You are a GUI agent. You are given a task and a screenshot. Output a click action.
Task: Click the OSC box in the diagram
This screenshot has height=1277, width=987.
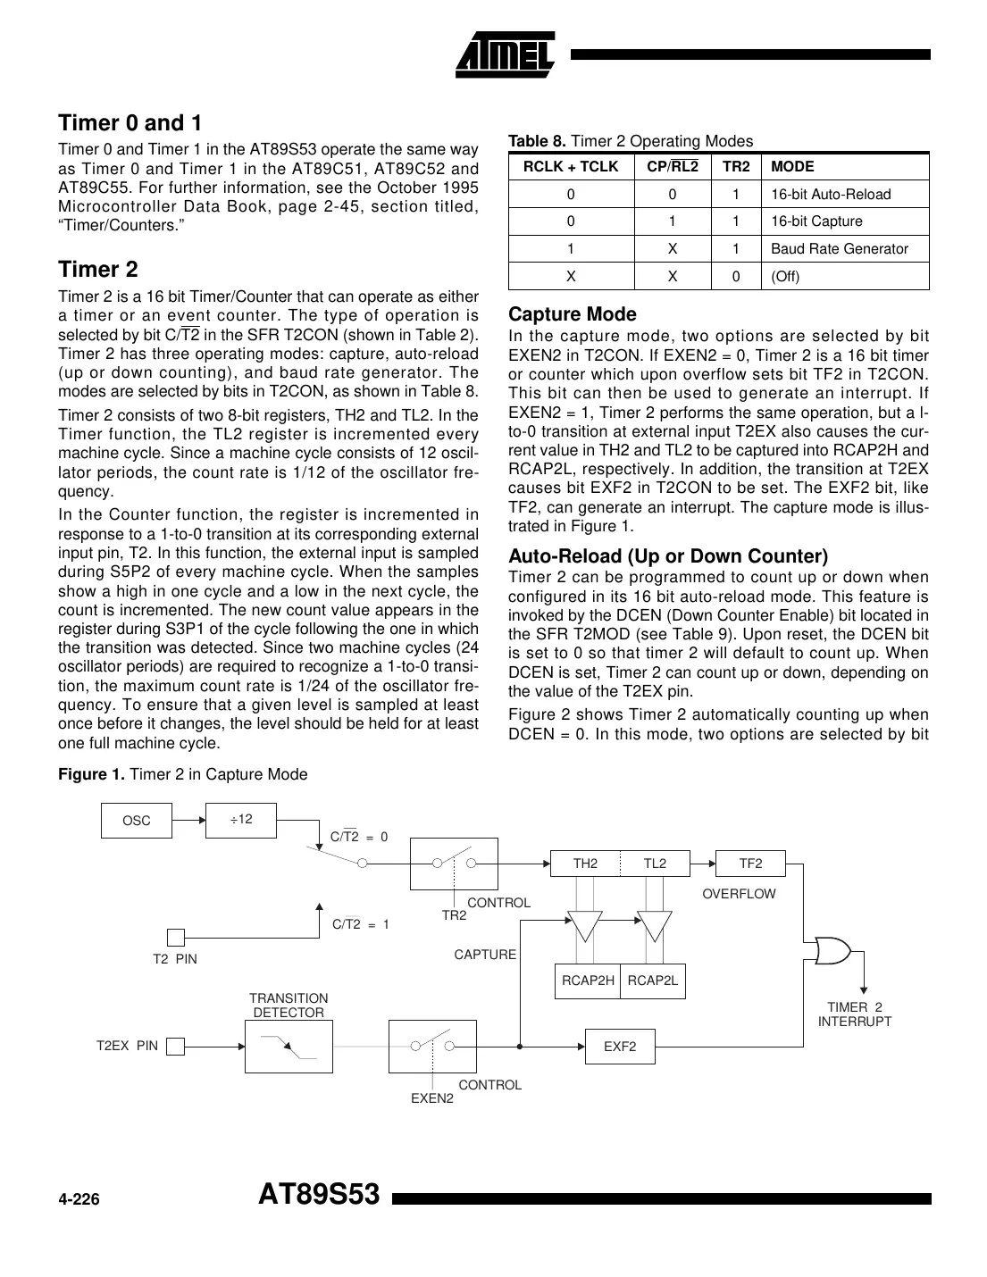pyautogui.click(x=136, y=821)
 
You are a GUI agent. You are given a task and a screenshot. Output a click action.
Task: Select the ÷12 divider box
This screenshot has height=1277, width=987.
pyautogui.click(x=241, y=820)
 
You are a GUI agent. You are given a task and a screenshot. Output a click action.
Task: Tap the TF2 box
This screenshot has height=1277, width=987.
pyautogui.click(x=750, y=864)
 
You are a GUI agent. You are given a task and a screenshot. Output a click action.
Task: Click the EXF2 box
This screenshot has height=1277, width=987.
pyautogui.click(x=620, y=1047)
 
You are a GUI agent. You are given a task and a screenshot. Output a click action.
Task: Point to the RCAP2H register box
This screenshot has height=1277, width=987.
pyautogui.click(x=588, y=981)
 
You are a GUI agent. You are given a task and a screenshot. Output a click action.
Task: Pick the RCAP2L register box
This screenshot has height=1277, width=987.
pyautogui.click(x=653, y=981)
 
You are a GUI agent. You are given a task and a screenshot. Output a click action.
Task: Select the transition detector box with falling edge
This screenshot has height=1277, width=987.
pyautogui.click(x=289, y=1047)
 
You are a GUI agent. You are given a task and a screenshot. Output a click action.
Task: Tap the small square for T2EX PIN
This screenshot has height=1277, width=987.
pyautogui.click(x=176, y=1047)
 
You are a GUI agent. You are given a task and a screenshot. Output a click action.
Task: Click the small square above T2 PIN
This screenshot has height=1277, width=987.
pyautogui.click(x=176, y=937)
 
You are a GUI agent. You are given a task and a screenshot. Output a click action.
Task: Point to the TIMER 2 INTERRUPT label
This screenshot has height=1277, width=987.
pyautogui.click(x=854, y=1014)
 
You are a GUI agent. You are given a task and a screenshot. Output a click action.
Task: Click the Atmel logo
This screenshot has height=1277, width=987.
pyautogui.click(x=505, y=55)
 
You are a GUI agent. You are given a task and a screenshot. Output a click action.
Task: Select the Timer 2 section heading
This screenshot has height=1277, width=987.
pyautogui.click(x=98, y=270)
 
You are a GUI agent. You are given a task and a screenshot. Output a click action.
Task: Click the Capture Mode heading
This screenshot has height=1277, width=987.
pyautogui.click(x=572, y=314)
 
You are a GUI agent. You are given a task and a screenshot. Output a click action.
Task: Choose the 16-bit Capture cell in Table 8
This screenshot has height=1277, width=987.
pyautogui.click(x=816, y=221)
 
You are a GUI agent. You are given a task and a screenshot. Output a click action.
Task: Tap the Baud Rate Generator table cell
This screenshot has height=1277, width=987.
pyautogui.click(x=839, y=249)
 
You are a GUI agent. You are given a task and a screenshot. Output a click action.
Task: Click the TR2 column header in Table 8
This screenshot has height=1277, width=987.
pyautogui.click(x=735, y=167)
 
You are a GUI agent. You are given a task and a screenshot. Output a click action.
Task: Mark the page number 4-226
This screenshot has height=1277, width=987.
pyautogui.click(x=79, y=1200)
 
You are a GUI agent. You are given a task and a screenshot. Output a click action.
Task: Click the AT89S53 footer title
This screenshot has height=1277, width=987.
pyautogui.click(x=319, y=1195)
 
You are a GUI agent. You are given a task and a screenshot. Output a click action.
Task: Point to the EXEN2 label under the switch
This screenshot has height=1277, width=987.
pyautogui.click(x=432, y=1098)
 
